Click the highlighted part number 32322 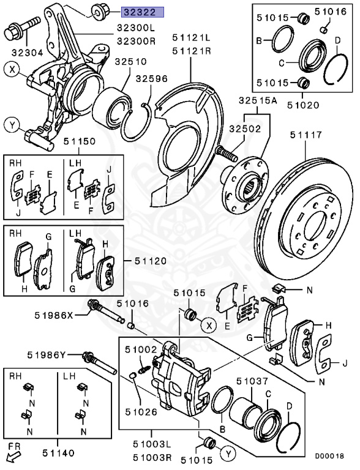[x=143, y=12]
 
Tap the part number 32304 [x=28, y=53]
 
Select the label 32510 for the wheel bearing [x=131, y=62]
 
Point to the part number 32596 [x=151, y=79]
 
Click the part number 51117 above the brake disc [x=306, y=135]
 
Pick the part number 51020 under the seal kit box [x=303, y=105]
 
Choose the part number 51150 [x=79, y=141]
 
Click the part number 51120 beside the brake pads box [x=150, y=261]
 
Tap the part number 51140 [x=58, y=453]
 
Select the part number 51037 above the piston [x=252, y=381]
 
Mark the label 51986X [x=54, y=315]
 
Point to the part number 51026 [x=141, y=412]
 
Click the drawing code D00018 [x=329, y=456]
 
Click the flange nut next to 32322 [x=99, y=12]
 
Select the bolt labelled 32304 [x=22, y=28]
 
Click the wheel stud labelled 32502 [x=226, y=153]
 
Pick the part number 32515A [x=258, y=101]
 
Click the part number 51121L [x=192, y=38]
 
